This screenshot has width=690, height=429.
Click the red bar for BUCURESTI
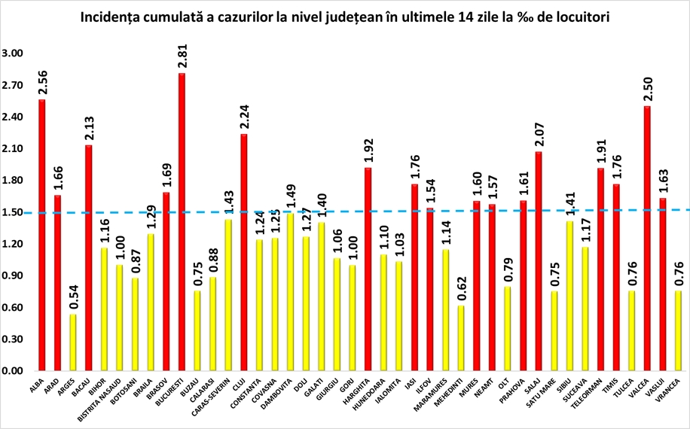tap(182, 222)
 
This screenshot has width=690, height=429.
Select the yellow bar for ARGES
tap(73, 342)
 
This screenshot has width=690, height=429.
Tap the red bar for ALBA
tap(42, 235)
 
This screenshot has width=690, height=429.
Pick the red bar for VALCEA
tap(647, 239)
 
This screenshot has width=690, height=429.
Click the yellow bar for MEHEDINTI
tap(461, 339)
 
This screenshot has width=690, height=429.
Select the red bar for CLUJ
tap(244, 252)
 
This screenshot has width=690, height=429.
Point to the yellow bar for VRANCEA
tap(678, 331)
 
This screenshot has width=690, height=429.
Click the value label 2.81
tap(182, 56)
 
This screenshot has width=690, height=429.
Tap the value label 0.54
tap(74, 297)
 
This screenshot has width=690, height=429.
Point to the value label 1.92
tap(368, 151)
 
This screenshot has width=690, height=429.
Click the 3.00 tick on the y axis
tap(12, 53)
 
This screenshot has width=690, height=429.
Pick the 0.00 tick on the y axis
tap(12, 371)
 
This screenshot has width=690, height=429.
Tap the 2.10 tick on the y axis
tap(12, 149)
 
